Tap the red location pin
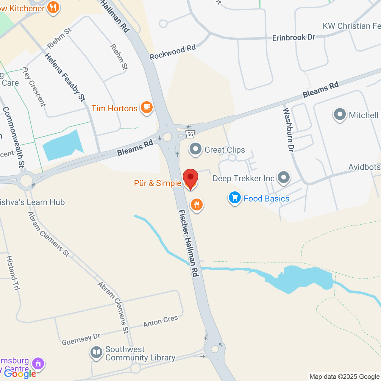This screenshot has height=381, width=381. point(190,178)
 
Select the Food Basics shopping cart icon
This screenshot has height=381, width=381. point(235,198)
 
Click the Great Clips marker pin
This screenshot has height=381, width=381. point(196,149)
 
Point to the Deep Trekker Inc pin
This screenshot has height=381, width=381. point(283,177)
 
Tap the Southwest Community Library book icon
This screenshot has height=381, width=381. point(96,353)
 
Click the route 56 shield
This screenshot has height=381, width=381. point(190,134)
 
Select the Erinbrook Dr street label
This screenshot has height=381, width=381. point(293,38)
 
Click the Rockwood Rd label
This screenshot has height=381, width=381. point(173,52)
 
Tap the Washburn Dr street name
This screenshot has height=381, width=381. point(288,130)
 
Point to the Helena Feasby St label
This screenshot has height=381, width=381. point(65,77)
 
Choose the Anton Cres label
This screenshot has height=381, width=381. point(160,321)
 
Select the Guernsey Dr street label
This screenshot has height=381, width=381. point(81,339)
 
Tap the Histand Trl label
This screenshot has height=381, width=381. point(13,273)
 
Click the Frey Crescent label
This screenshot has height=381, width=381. point(34,87)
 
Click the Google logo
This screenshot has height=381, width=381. point(20,374)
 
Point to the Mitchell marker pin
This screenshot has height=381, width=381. point(340,115)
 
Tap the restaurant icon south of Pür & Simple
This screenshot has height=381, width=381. point(196,205)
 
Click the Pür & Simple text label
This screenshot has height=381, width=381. point(157,183)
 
